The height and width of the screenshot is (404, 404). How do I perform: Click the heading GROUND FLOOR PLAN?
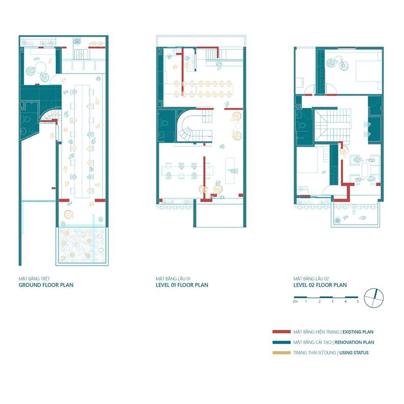tap(46, 285)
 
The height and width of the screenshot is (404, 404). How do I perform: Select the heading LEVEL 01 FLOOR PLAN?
tap(182, 285)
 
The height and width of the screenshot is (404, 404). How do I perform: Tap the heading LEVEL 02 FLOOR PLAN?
tap(320, 285)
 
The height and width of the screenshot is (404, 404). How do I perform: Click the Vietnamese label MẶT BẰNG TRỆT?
tap(34, 278)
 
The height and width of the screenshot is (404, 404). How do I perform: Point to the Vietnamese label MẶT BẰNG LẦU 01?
tap(173, 278)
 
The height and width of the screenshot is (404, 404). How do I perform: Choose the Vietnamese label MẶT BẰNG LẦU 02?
tap(311, 278)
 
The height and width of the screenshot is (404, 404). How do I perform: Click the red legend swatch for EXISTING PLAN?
tap(281, 332)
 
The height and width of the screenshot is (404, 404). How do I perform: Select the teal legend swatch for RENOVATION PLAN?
tap(281, 342)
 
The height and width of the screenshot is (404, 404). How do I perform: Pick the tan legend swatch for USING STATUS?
tap(281, 353)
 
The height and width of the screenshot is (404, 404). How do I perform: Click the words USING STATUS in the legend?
tap(354, 353)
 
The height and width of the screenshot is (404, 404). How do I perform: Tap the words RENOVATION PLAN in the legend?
tap(354, 342)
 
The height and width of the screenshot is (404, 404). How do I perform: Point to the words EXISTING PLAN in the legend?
tap(358, 332)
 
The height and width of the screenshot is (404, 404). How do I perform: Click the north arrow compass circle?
tap(374, 298)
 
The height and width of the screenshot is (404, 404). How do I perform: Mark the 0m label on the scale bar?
tap(295, 301)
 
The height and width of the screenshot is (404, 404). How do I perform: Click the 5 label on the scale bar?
tap(357, 301)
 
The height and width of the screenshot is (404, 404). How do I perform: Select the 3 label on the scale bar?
tap(332, 301)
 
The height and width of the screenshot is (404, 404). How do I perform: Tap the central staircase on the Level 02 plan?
tap(333, 125)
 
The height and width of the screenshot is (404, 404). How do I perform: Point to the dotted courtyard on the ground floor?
tap(82, 245)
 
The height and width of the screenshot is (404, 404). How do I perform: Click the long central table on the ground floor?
tap(82, 141)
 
